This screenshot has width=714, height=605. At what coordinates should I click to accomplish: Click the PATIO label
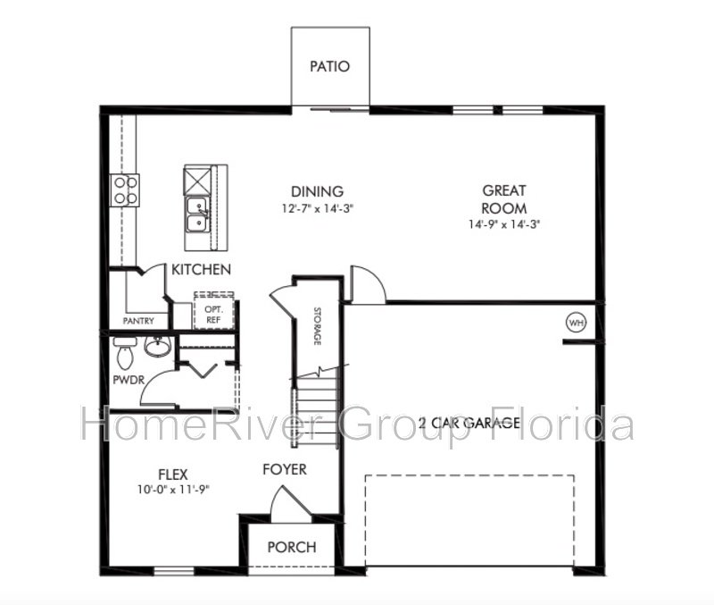[x=329, y=66]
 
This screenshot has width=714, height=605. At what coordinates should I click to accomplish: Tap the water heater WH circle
[x=576, y=324]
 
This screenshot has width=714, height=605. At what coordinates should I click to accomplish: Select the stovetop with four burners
[x=125, y=190]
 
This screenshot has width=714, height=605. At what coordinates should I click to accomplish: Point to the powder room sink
[x=158, y=346]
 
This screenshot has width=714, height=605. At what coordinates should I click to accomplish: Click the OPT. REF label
[x=213, y=315]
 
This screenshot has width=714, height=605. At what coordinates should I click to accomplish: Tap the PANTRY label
[x=138, y=321]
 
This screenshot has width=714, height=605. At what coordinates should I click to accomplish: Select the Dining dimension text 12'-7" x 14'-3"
[x=318, y=209]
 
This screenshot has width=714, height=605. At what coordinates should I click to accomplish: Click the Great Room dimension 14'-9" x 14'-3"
[x=504, y=224]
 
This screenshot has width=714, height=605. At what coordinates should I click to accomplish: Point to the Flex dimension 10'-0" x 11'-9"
[x=173, y=490]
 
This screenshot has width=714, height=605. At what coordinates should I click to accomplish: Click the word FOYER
[x=285, y=469]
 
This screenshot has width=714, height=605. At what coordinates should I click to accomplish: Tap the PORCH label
[x=292, y=547]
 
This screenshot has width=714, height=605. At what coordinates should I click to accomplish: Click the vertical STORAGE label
[x=318, y=326]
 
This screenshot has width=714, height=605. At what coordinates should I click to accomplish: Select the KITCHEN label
[x=202, y=270]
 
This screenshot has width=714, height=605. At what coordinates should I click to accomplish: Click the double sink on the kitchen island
[x=196, y=214]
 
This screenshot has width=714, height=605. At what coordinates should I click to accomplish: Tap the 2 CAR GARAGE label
[x=469, y=423]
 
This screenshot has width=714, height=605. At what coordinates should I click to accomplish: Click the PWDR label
[x=129, y=379]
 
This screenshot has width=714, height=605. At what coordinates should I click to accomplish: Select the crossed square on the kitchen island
[x=197, y=181]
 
